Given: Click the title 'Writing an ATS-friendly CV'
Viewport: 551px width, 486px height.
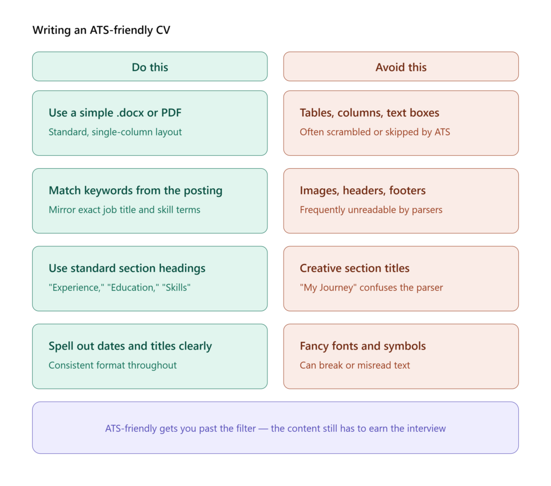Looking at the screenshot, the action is point(101,30).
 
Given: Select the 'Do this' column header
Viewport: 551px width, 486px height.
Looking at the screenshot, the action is point(150,67).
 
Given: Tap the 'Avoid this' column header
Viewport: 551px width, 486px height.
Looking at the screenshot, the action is point(401,67).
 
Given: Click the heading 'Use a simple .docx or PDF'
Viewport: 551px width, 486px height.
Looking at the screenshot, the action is point(115,113).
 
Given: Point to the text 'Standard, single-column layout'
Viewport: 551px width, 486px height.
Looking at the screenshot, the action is point(115,132).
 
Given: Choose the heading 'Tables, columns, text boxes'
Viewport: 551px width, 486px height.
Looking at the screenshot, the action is point(369,113).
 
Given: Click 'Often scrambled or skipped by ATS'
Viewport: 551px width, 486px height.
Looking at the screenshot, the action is point(375,132).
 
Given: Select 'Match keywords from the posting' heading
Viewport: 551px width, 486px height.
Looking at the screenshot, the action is point(136,191).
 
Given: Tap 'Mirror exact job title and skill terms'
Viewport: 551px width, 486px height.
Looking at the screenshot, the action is point(124,210).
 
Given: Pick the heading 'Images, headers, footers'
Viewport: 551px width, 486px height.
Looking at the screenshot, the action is point(363,191).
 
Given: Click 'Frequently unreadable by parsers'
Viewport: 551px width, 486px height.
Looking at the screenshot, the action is point(371,210).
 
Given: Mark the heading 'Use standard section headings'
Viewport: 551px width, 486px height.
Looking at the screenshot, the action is point(127,268).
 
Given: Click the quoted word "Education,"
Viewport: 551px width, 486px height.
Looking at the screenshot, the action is point(133,288).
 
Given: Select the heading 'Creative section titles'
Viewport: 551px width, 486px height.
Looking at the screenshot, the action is point(355,268).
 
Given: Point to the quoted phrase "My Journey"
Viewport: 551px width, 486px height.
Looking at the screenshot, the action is point(328,288).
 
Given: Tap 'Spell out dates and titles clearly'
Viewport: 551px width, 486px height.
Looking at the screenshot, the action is point(130,346).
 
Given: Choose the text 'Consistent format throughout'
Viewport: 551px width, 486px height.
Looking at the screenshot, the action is point(112,365).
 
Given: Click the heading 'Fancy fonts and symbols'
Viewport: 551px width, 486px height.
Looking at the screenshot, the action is point(363,346).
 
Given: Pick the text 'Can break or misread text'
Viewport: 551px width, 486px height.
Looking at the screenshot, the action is point(355,365).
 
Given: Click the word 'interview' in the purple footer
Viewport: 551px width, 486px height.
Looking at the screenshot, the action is point(426,428).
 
